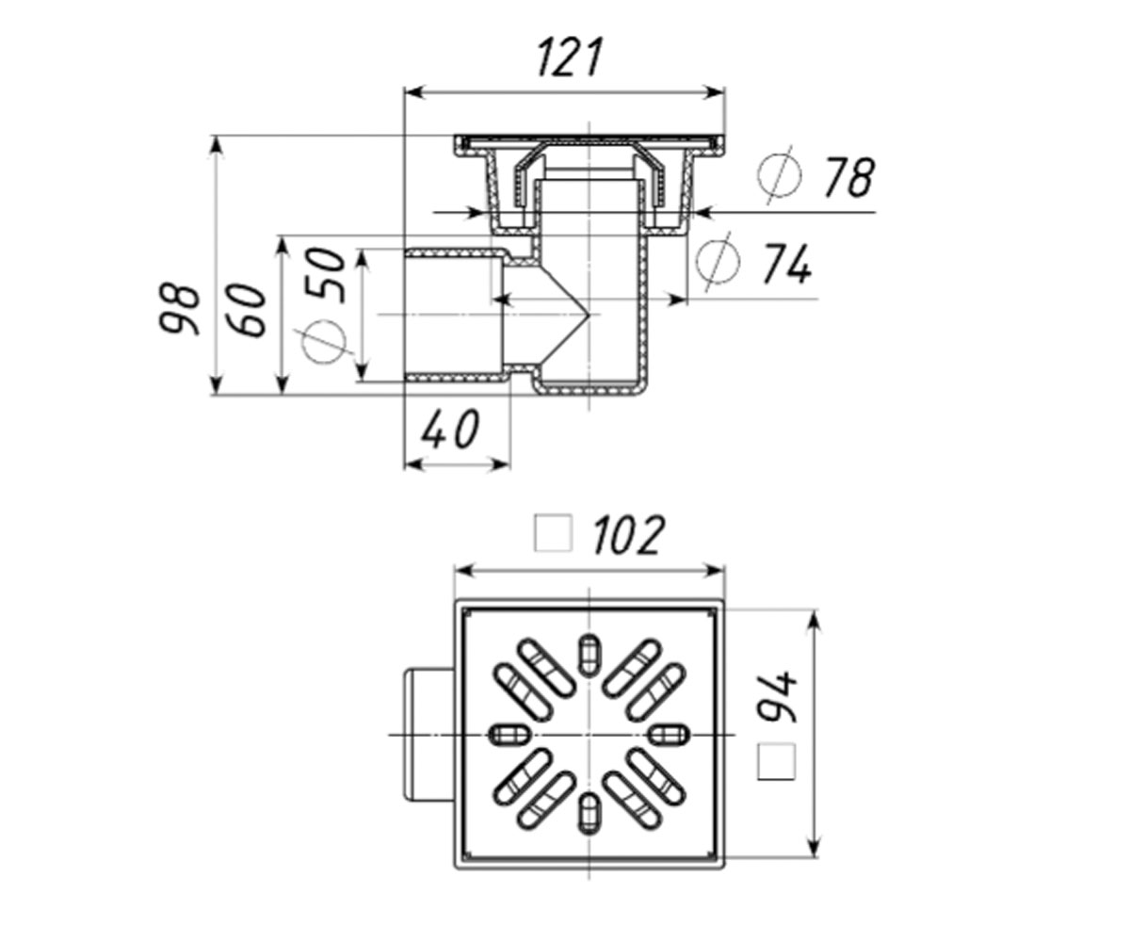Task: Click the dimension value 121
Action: click(570, 57)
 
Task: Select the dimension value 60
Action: click(248, 310)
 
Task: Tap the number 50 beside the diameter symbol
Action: click(325, 275)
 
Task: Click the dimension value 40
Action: click(450, 430)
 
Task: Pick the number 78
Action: click(849, 178)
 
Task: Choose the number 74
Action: click(787, 264)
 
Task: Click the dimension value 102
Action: click(628, 535)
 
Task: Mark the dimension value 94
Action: click(777, 697)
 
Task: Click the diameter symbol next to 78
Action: click(779, 174)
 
